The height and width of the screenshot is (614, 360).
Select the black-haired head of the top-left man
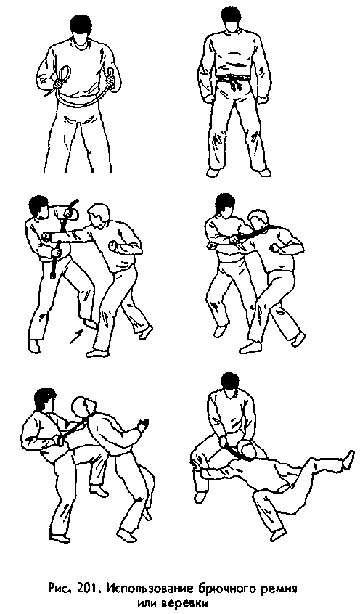[x=79, y=27]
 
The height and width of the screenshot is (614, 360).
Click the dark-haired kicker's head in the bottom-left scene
[x=45, y=400]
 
